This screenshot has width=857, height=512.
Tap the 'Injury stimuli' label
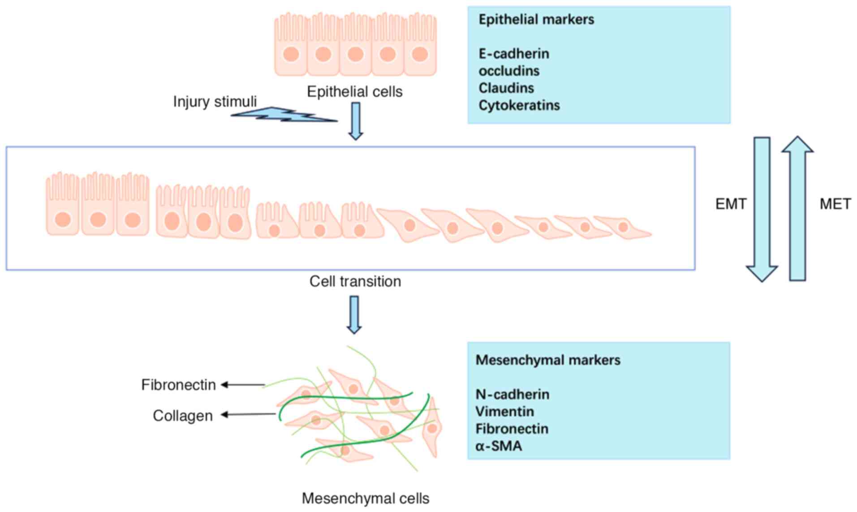pyautogui.click(x=215, y=102)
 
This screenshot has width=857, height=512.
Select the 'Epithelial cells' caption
pyautogui.click(x=354, y=92)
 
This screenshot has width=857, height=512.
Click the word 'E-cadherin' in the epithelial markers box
pyautogui.click(x=514, y=54)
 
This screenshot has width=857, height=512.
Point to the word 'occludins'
pyautogui.click(x=509, y=71)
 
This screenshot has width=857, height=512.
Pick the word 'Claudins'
pyautogui.click(x=506, y=88)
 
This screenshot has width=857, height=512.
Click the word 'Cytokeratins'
pyautogui.click(x=519, y=105)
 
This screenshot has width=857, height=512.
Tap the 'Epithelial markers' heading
pyautogui.click(x=536, y=19)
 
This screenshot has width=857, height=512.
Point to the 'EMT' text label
pyautogui.click(x=731, y=204)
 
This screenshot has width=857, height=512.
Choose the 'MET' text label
pyautogui.click(x=835, y=204)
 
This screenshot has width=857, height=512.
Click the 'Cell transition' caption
pyautogui.click(x=355, y=281)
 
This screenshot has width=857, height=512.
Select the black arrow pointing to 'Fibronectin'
pyautogui.click(x=243, y=384)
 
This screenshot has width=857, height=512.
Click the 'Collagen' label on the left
pyautogui.click(x=183, y=416)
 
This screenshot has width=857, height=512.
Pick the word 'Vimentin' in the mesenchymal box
pyautogui.click(x=504, y=412)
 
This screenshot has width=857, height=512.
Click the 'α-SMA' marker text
pyautogui.click(x=499, y=446)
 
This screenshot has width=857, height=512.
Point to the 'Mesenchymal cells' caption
pyautogui.click(x=366, y=498)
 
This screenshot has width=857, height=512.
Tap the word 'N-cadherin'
pyautogui.click(x=512, y=395)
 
